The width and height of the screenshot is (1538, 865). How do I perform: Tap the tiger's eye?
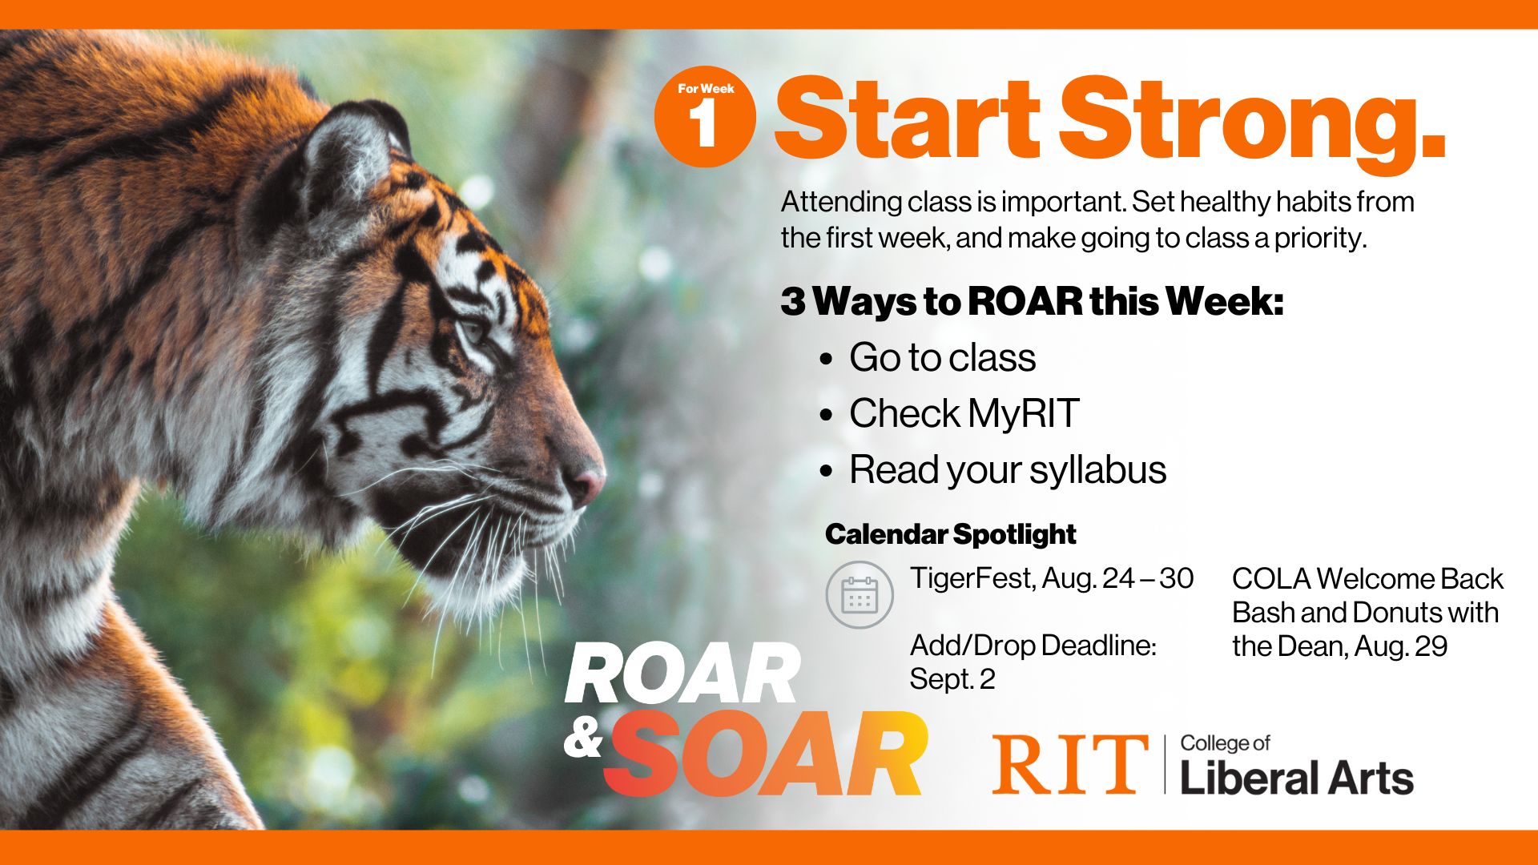pos(473,328)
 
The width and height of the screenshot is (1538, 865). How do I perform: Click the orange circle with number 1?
pos(705,117)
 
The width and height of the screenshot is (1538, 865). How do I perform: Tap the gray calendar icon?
pos(860,595)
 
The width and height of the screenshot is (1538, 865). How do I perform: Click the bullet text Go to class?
pos(943,357)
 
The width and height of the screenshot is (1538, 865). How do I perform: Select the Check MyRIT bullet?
pos(964,413)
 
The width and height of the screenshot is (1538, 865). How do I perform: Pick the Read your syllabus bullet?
pos(1008,470)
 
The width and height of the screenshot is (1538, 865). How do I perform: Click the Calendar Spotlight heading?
pos(951,534)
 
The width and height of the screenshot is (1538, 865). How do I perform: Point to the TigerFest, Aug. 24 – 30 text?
pos(1052,578)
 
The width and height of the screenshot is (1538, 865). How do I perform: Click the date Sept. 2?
pos(952,679)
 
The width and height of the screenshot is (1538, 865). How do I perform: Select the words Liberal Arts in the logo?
pos(1297,778)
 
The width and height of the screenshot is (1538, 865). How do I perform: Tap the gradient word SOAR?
pos(766,754)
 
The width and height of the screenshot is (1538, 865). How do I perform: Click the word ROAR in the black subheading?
pos(1025,302)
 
